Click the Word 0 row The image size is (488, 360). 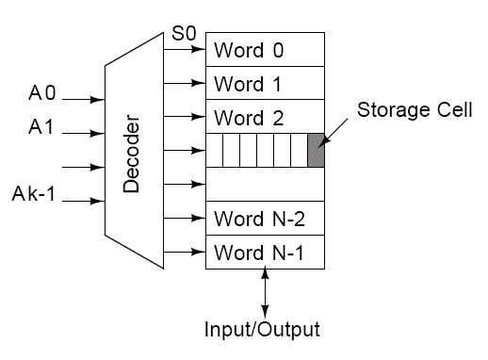pyautogui.click(x=265, y=48)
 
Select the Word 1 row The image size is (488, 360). pyautogui.click(x=265, y=83)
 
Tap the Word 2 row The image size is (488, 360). pyautogui.click(x=265, y=117)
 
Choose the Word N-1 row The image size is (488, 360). pyautogui.click(x=265, y=253)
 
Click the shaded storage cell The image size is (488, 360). pyautogui.click(x=316, y=151)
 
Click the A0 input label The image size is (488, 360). pyautogui.click(x=43, y=93)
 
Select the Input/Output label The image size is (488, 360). pyautogui.click(x=262, y=330)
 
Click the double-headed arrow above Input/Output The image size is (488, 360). pyautogui.click(x=265, y=292)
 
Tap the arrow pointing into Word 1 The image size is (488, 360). pyautogui.click(x=184, y=83)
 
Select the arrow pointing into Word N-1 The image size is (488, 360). pyautogui.click(x=184, y=253)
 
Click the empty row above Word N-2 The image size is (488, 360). pyautogui.click(x=265, y=185)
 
